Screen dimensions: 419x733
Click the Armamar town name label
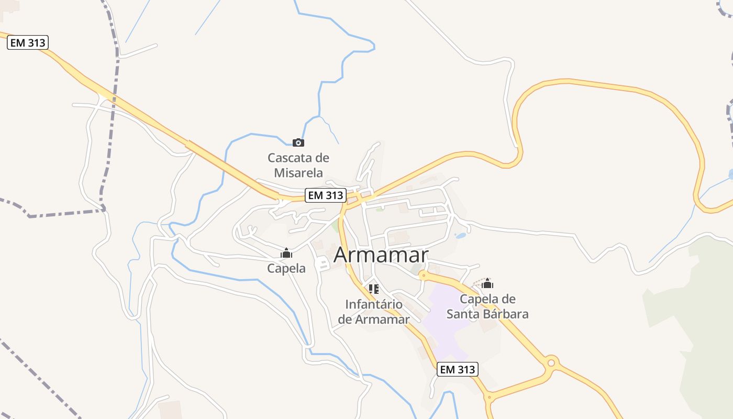pyautogui.click(x=381, y=255)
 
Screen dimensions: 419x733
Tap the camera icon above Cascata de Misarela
pyautogui.click(x=298, y=142)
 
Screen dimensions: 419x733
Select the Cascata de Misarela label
pyautogui.click(x=298, y=165)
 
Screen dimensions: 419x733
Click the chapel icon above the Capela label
pyautogui.click(x=286, y=253)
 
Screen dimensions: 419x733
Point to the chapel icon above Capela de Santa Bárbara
pyautogui.click(x=487, y=284)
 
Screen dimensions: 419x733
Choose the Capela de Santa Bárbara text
pyautogui.click(x=487, y=306)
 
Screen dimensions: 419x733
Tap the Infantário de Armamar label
pyautogui.click(x=373, y=312)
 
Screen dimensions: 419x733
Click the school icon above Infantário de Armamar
pyautogui.click(x=373, y=289)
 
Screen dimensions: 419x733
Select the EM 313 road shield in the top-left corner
pyautogui.click(x=28, y=43)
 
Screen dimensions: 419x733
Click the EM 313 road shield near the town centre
pyautogui.click(x=326, y=195)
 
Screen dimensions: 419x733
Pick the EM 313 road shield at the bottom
pyautogui.click(x=458, y=369)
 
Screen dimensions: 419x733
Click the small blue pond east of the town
pyautogui.click(x=461, y=236)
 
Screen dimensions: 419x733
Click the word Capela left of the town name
pyautogui.click(x=286, y=268)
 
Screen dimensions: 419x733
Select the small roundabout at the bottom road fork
pyautogui.click(x=490, y=398)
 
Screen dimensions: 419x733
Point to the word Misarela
pyautogui.click(x=298, y=172)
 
